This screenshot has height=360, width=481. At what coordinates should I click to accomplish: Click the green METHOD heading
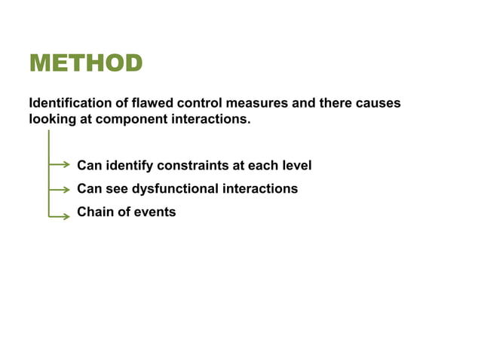(85, 63)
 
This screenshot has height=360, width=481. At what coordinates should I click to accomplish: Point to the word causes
(377, 103)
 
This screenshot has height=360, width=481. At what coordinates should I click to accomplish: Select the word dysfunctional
(174, 189)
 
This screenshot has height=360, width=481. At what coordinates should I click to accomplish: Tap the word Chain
(95, 212)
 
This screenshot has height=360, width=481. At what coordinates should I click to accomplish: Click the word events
(155, 212)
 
